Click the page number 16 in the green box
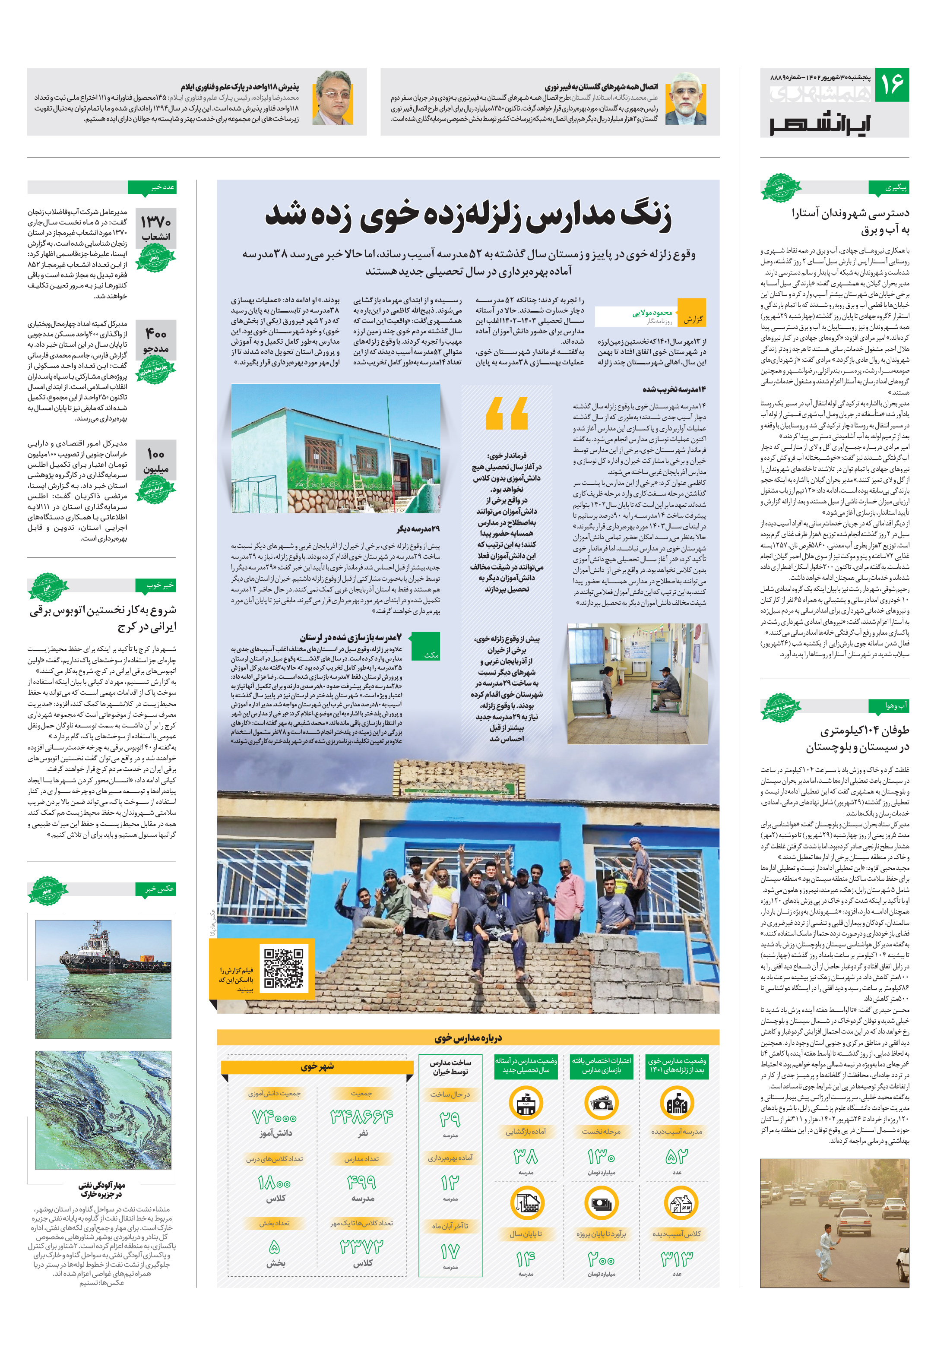click(891, 85)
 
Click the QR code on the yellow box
click(284, 968)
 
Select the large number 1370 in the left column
click(155, 222)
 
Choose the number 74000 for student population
click(274, 1117)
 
